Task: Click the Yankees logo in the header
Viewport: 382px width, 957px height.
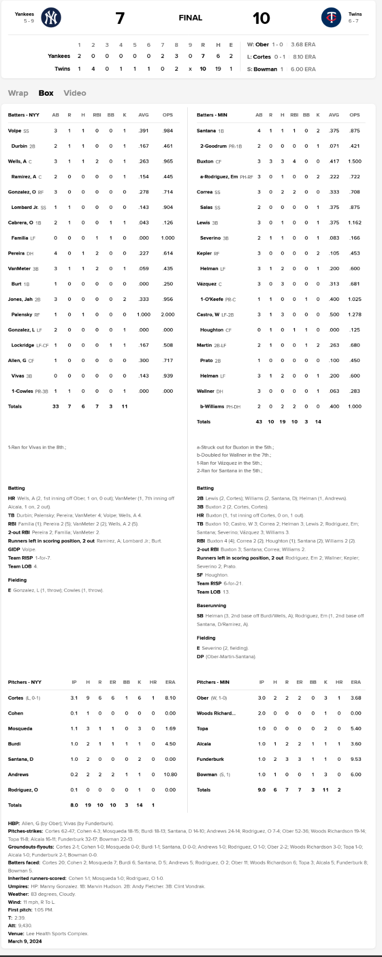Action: (x=51, y=18)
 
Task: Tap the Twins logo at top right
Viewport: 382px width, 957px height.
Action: (x=331, y=18)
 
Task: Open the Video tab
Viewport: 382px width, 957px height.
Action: (x=74, y=93)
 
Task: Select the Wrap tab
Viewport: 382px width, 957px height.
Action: (x=18, y=93)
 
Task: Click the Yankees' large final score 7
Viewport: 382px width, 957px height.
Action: (x=120, y=18)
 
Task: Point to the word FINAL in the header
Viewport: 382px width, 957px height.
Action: (x=190, y=18)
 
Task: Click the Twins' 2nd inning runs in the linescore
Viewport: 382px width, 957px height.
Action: (x=93, y=69)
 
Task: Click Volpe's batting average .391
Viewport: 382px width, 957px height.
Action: (x=144, y=131)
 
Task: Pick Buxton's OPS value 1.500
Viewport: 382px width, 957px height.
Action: (x=354, y=162)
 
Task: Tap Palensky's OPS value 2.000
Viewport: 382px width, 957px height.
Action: (x=168, y=315)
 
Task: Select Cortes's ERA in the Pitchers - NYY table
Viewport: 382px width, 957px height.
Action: (x=170, y=698)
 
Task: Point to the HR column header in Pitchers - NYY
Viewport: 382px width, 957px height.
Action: (x=153, y=682)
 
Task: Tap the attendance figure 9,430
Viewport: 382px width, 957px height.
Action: (x=25, y=926)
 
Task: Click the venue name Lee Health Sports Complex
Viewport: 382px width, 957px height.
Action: (x=57, y=934)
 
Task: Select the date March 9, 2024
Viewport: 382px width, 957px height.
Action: (x=25, y=942)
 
